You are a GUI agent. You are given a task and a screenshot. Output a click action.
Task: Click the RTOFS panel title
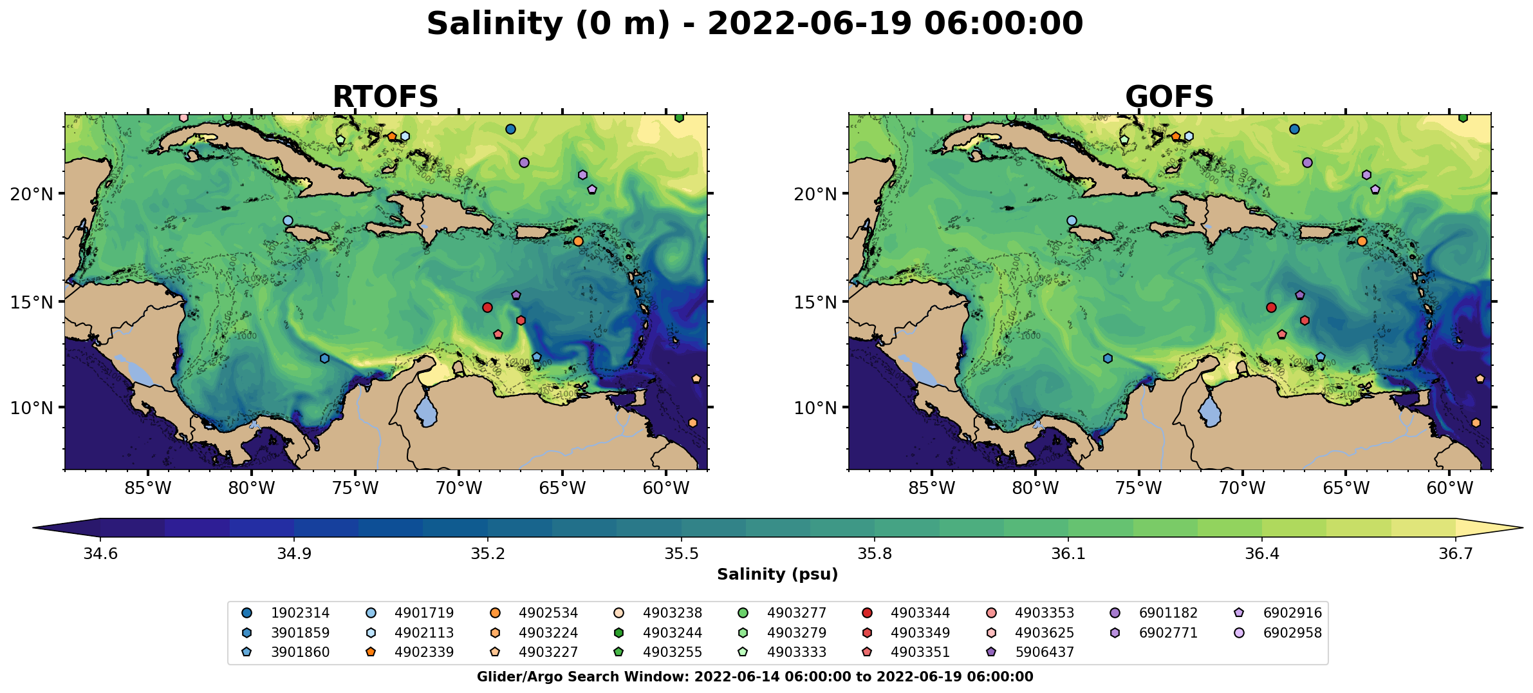click(385, 97)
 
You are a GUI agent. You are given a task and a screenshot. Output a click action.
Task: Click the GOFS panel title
click(1169, 97)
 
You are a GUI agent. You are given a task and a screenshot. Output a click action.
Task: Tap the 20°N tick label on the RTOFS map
click(32, 194)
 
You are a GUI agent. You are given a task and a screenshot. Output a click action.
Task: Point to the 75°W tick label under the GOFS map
click(1138, 488)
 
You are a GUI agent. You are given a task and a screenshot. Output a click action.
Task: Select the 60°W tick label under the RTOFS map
click(665, 488)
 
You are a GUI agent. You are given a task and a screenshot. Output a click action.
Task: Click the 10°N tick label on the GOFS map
click(815, 408)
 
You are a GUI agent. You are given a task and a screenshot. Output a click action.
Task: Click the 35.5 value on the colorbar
click(682, 554)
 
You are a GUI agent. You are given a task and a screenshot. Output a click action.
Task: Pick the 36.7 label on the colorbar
click(1456, 554)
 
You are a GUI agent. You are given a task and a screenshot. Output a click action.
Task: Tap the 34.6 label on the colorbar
click(100, 554)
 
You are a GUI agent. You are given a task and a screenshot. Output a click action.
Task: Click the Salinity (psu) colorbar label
click(777, 574)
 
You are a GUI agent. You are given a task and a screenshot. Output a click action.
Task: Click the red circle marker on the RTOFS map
click(487, 308)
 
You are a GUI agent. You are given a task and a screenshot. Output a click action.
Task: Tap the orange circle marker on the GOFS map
click(1362, 242)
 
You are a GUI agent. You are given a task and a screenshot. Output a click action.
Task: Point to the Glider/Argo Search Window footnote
click(755, 677)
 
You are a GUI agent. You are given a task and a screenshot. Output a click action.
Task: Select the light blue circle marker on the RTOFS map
click(288, 221)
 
